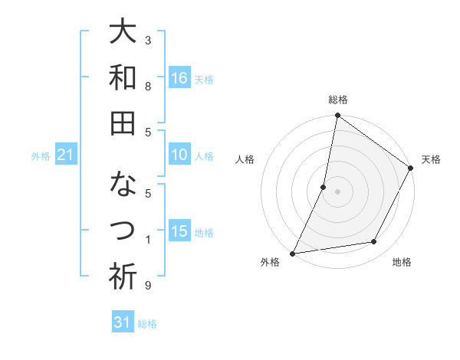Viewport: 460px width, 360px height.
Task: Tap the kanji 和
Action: click(x=123, y=77)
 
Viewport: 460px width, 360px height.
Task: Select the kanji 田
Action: click(x=123, y=123)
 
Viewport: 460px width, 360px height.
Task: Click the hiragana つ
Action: click(x=123, y=231)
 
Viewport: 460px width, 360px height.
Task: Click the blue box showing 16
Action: click(x=179, y=78)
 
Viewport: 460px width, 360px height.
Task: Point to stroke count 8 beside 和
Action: click(x=147, y=87)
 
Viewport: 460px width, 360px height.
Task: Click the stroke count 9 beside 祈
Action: click(x=147, y=286)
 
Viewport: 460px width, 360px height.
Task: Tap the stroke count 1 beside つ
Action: click(x=147, y=241)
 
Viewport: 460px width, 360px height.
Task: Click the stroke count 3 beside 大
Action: click(x=147, y=40)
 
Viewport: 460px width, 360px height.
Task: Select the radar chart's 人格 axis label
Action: click(x=245, y=159)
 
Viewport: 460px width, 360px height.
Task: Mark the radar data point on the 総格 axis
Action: click(x=337, y=116)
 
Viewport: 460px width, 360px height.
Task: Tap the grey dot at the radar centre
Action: click(x=337, y=191)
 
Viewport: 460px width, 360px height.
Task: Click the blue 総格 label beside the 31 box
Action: click(x=147, y=324)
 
